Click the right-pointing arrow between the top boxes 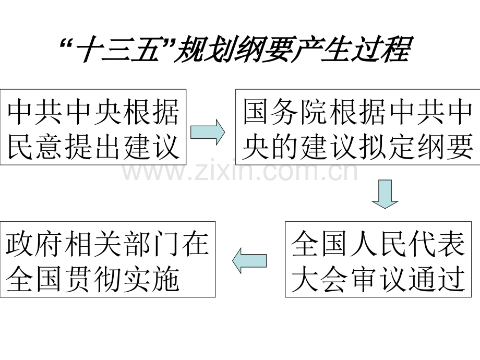point(208,132)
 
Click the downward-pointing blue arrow point(385,194)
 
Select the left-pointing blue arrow point(249,260)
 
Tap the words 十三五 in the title point(119,50)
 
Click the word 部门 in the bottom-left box point(151,244)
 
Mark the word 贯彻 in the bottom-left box point(93,279)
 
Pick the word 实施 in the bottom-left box point(151,279)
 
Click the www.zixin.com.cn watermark point(240,172)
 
